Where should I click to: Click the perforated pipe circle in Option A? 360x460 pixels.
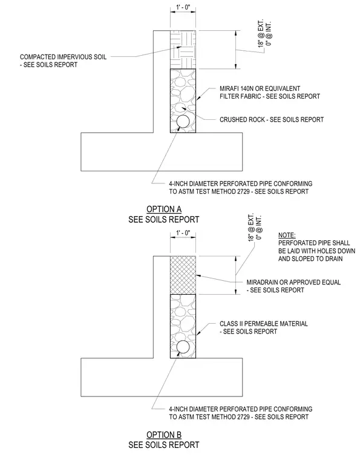pos(183,121)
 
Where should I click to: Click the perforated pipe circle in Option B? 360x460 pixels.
pos(183,347)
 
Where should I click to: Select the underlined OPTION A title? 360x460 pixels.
pos(164,209)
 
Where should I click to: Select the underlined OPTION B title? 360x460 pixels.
pos(164,435)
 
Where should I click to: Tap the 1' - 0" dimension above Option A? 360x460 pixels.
pos(183,7)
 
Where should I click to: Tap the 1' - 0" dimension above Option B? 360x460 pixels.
pos(183,233)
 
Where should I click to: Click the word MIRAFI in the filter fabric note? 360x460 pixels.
pos(229,88)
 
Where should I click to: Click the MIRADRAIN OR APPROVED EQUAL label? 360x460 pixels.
pos(293,282)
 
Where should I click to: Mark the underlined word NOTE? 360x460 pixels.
pos(287,235)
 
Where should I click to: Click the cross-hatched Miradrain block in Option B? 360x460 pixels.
pos(183,275)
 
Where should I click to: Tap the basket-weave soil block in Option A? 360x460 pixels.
pos(183,50)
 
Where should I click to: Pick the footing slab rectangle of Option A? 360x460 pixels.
pos(162,152)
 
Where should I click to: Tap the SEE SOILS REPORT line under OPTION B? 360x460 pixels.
pos(164,445)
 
